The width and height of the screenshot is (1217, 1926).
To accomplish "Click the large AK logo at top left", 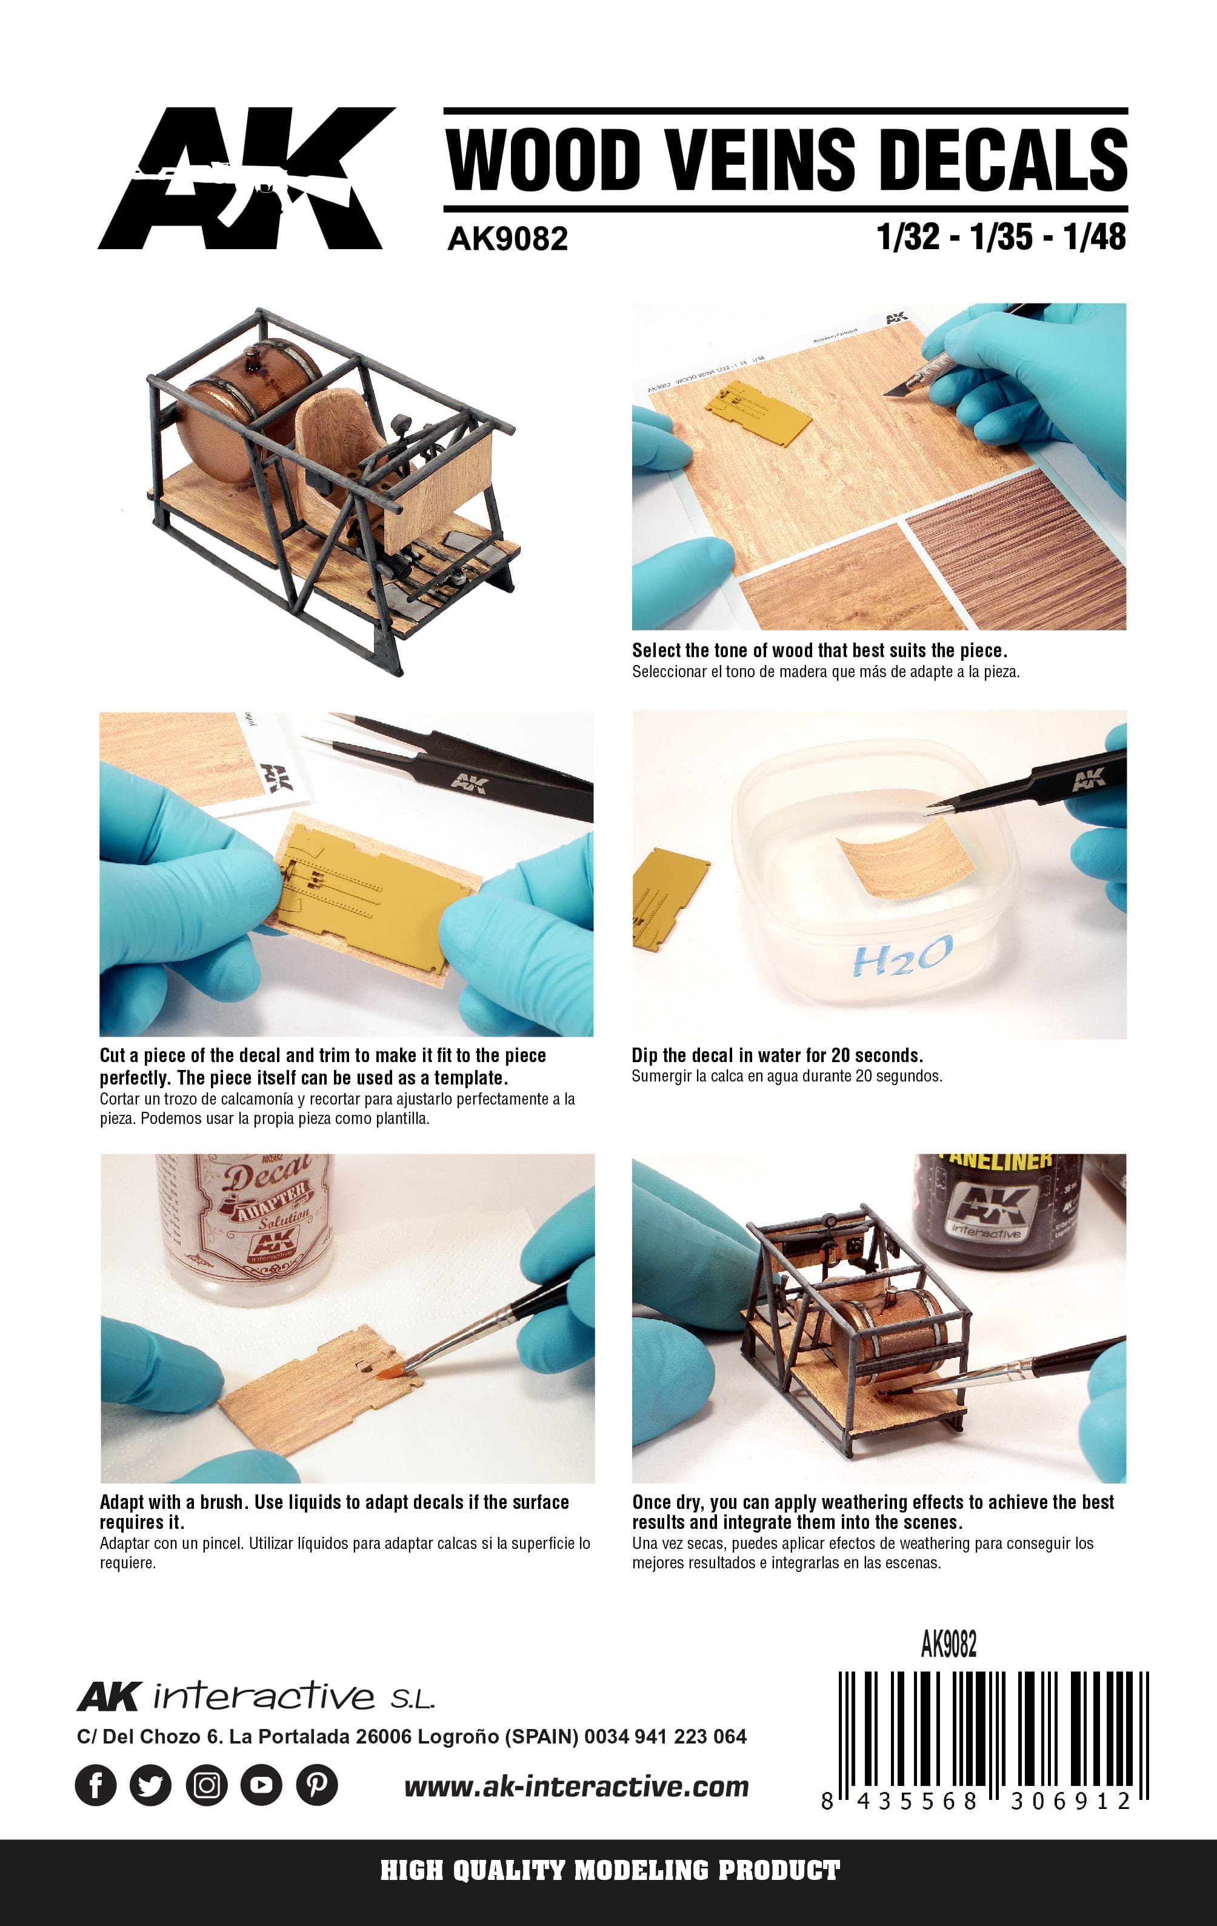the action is point(246,178).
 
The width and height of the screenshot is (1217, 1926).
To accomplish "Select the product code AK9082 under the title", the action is point(508,238).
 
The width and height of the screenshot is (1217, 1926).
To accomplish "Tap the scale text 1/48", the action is point(1095,237).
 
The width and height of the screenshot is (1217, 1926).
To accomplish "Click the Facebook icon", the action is point(96,1784).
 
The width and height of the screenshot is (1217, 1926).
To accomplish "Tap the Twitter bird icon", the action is point(151,1784).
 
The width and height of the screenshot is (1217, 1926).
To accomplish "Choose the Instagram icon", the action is point(206,1784).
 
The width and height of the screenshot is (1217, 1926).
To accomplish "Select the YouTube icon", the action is point(261,1784).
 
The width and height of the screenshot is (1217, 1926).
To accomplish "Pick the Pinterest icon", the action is point(316,1784).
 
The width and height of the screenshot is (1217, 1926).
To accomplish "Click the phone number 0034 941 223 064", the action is point(665,1736).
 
